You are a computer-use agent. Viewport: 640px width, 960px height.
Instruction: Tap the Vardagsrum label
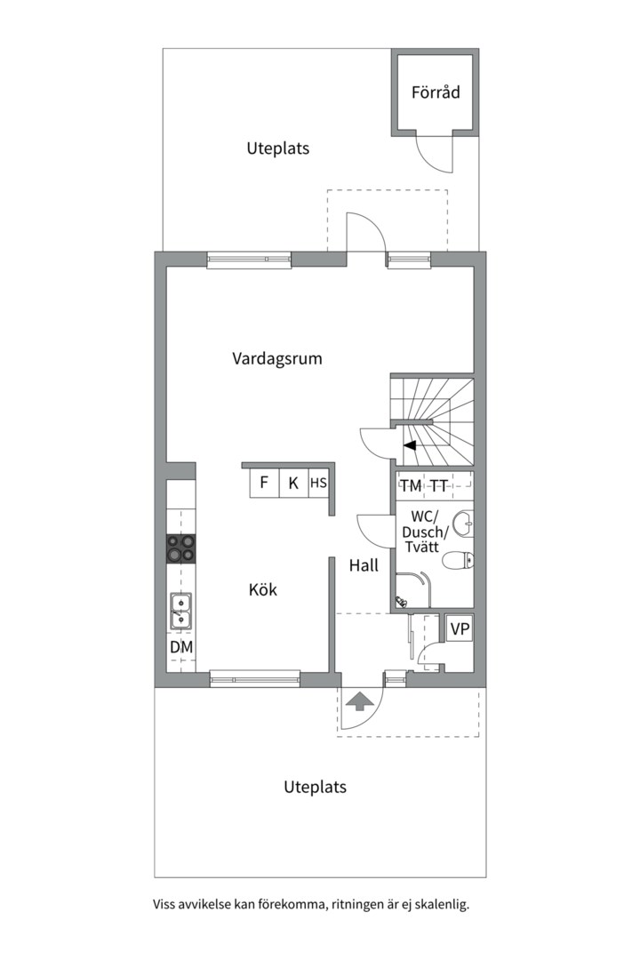point(276,359)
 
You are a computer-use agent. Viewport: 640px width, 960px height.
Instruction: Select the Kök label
point(263,589)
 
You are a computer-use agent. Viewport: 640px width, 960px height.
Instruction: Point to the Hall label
point(363,565)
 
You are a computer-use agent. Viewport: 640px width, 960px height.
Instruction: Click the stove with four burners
point(181,549)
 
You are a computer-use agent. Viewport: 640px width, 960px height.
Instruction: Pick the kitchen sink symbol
point(181,611)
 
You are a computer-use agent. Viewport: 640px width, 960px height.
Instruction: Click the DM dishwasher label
point(181,647)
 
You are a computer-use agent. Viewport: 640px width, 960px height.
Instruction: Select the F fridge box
point(264,484)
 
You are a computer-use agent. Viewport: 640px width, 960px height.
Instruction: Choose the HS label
point(318,484)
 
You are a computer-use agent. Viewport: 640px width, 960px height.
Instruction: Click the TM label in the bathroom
point(411,485)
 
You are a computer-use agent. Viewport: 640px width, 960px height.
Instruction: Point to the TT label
point(439,485)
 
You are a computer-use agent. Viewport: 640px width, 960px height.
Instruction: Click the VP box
point(460,629)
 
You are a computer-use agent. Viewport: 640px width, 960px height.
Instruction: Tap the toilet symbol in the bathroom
point(458,560)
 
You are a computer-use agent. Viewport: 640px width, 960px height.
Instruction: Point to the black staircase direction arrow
point(410,446)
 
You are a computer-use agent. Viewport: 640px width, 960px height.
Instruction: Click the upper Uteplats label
point(278,148)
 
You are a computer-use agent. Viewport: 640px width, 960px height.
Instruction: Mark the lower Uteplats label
point(315,787)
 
